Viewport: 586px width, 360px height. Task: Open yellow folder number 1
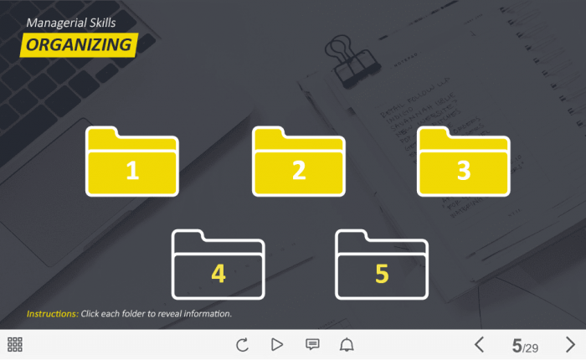coord(132,162)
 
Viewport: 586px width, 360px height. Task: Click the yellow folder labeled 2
coord(299,162)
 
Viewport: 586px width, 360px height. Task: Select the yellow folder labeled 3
coord(464,162)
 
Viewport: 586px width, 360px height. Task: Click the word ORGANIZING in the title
coord(79,45)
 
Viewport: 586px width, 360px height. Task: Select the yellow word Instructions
coord(52,314)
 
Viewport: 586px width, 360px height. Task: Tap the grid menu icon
coord(15,344)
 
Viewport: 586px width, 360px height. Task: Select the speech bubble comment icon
coord(312,344)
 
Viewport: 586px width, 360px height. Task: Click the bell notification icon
coord(347,344)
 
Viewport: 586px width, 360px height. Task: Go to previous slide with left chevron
coord(479,344)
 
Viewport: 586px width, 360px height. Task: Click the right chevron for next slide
coord(570,344)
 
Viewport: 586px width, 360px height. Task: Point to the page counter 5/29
coord(525,346)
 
